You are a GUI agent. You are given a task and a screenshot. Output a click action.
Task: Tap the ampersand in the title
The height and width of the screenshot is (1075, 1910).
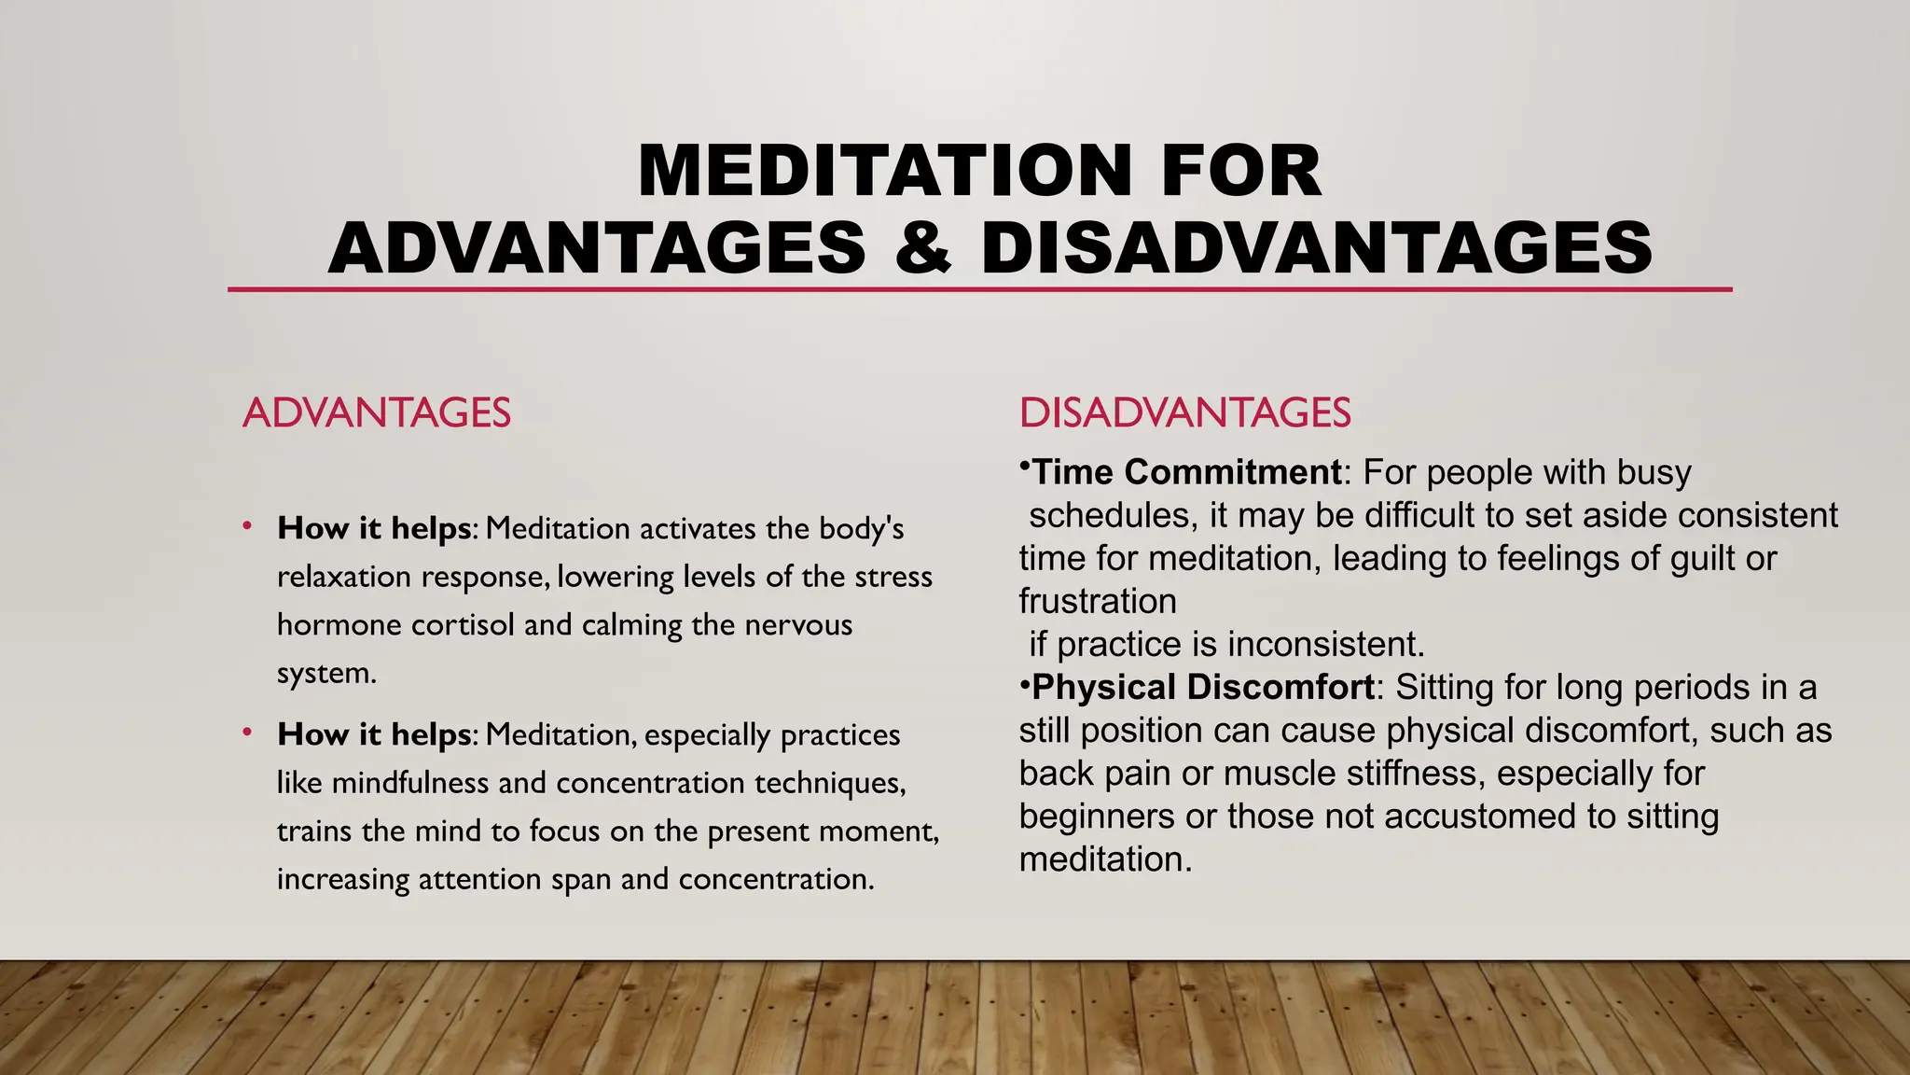coord(922,247)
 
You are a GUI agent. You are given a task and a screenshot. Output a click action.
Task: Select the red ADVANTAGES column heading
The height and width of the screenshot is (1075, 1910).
coord(376,412)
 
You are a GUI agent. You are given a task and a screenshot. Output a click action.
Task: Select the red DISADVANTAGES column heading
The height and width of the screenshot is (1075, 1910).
coord(1184,412)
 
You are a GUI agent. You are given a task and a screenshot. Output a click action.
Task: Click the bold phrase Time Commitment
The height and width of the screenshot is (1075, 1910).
coord(1186,472)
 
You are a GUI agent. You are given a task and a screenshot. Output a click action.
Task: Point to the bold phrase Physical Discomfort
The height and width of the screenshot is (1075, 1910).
coord(1203,688)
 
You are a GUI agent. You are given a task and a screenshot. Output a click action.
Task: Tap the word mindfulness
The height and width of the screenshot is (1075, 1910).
coord(410,783)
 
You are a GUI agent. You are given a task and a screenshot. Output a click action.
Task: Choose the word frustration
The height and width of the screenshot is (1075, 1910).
coord(1097,602)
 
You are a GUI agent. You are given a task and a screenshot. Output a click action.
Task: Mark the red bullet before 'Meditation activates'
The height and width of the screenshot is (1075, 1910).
coord(247,526)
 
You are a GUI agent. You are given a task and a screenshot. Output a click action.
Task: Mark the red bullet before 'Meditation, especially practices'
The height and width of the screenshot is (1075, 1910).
coord(247,733)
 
